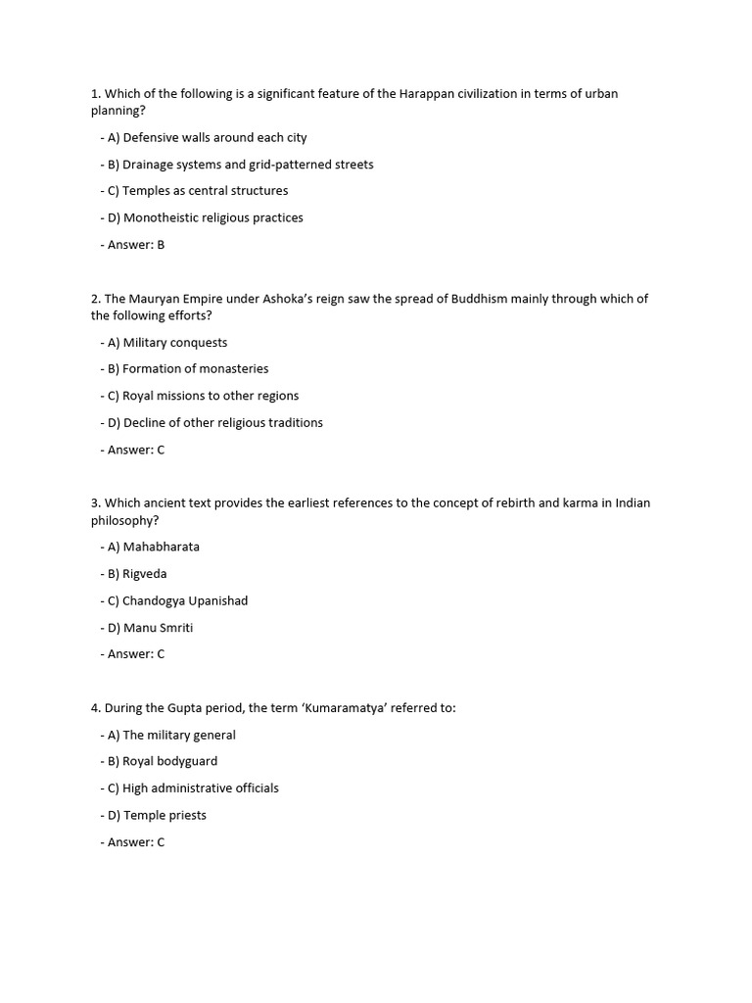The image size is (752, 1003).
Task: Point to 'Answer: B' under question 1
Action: pyautogui.click(x=132, y=245)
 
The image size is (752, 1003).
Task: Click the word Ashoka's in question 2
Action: pyautogui.click(x=289, y=299)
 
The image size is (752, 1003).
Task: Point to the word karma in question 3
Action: pyautogui.click(x=575, y=503)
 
